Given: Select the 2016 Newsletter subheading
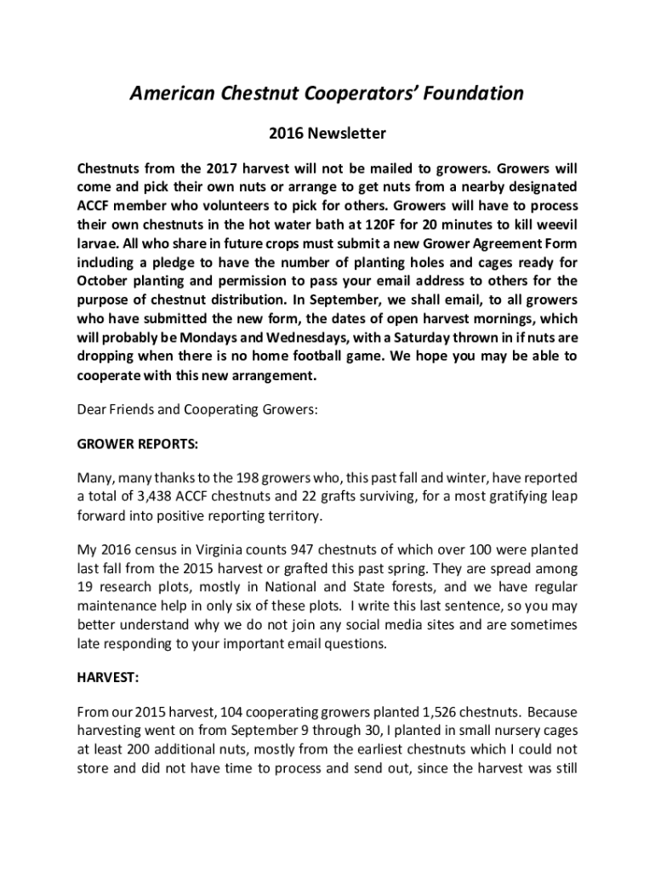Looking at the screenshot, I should click(327, 134).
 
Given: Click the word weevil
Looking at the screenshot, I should click(555, 225).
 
